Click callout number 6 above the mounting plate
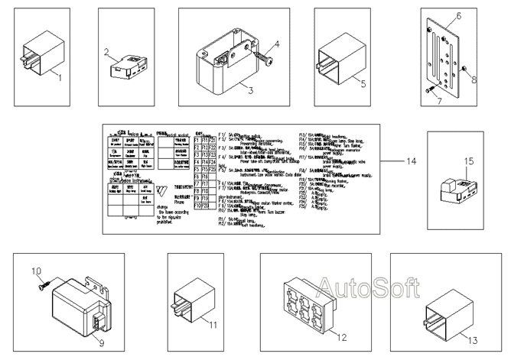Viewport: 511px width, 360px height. (459, 15)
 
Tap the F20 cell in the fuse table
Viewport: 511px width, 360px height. (206, 206)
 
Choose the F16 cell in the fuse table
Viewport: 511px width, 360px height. (206, 176)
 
